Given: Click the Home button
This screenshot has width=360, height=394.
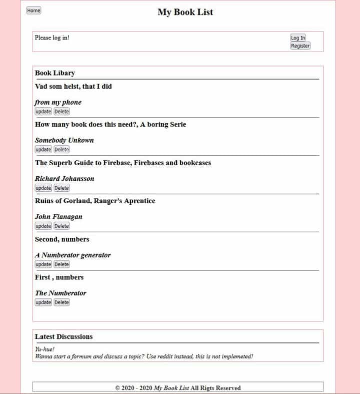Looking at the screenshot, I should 33,11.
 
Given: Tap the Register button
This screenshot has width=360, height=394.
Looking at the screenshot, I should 300,46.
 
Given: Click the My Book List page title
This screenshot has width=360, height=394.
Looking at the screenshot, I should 185,12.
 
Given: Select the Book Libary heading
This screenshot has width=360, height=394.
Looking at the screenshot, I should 55,73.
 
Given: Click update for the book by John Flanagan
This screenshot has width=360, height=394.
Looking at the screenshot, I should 43,226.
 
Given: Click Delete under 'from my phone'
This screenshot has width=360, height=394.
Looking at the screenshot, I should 61,112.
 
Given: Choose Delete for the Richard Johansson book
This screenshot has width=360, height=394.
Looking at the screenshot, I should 61,188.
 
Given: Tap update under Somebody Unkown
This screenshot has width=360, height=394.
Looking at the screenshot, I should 43,150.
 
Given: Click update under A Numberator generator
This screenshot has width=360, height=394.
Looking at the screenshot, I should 43,264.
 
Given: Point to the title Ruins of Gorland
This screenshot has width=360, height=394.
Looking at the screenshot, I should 95,201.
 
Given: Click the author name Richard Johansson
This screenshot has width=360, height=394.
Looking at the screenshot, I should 64,179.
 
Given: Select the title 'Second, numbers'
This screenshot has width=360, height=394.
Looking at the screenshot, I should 62,239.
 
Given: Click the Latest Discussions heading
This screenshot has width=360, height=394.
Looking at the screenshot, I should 63,337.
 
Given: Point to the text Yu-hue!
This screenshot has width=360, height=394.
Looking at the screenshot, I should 44,349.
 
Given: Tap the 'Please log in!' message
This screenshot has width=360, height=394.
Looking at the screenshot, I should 52,38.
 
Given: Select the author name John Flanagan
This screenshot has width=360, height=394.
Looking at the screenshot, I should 58,217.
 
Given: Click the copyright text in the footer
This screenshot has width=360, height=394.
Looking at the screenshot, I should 178,388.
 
